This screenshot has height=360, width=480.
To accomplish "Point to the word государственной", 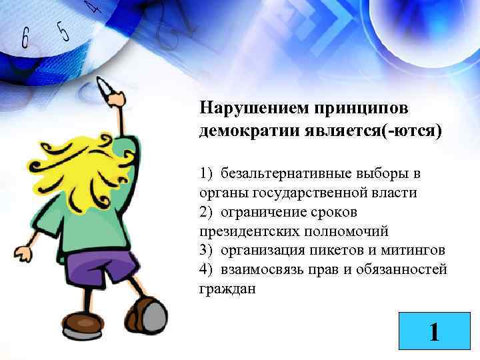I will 317,193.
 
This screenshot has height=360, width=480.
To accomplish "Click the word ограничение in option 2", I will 271,213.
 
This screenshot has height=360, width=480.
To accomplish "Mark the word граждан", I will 227,289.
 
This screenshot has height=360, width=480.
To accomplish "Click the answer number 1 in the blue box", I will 434,331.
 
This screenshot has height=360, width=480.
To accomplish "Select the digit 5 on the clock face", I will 63,30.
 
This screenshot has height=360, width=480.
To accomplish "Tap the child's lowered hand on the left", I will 23,253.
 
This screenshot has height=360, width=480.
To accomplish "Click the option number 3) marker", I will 205,251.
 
